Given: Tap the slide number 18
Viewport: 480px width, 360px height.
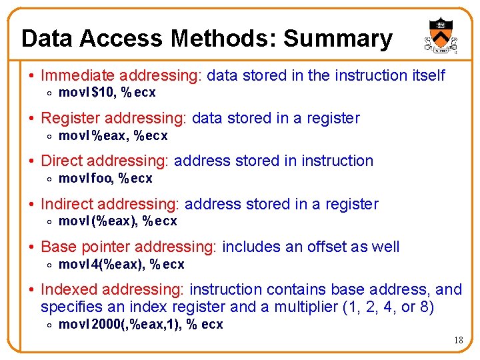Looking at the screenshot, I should tap(458, 341).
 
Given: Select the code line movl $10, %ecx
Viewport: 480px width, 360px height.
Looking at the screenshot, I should tap(107, 93).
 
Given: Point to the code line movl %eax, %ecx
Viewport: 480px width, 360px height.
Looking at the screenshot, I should tap(113, 136).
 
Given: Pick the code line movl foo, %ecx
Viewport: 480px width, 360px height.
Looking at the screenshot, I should tap(105, 179).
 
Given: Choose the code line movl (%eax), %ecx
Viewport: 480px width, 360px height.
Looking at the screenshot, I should tap(118, 221).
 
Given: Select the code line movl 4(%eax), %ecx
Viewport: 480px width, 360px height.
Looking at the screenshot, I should tap(121, 265).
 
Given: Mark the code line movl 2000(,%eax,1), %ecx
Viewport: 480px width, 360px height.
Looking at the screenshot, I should tap(141, 325).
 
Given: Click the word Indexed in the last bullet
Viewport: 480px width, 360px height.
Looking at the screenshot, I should tap(66, 289).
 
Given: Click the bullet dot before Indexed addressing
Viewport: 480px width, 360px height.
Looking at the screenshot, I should tap(32, 290).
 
